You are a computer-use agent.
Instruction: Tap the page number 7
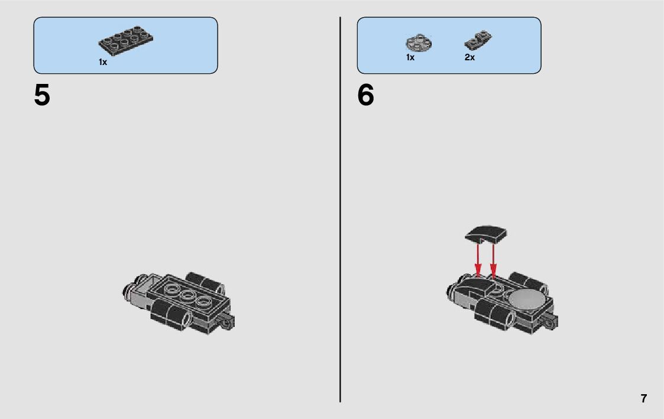644,399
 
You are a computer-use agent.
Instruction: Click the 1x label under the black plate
103,62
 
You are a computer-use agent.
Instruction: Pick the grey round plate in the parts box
419,43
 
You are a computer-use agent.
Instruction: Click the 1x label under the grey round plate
410,57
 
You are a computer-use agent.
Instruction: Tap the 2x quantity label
469,57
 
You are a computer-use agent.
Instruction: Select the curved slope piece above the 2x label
478,40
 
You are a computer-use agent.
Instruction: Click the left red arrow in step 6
478,259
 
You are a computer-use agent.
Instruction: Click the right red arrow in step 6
493,261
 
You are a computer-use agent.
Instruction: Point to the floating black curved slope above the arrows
486,234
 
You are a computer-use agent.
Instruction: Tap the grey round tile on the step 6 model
527,298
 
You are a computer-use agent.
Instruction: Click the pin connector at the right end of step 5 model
226,323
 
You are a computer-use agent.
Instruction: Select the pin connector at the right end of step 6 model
550,323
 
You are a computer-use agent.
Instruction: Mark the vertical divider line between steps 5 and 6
340,209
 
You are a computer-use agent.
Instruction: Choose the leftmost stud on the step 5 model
171,289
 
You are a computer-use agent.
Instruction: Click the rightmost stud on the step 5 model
203,302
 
